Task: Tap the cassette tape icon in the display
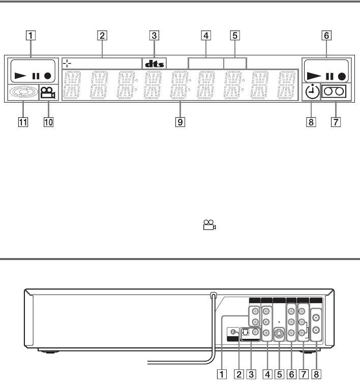336,93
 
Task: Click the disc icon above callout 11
23,92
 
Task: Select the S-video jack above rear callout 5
279,334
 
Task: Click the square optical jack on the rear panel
244,333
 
